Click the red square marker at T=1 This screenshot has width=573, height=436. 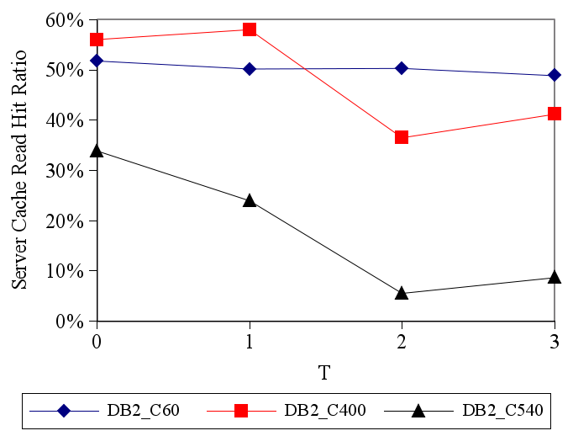pos(250,29)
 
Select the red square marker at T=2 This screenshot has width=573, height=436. pos(402,137)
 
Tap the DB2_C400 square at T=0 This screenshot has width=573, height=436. pos(97,40)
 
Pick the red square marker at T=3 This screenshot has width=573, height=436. pos(555,114)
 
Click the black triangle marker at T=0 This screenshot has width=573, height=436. pos(97,151)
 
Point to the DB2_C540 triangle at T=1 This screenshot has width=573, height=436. pos(250,200)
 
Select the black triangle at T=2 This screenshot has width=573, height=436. pos(402,292)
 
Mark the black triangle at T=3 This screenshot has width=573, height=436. pos(555,277)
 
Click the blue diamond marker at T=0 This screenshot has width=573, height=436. pos(97,61)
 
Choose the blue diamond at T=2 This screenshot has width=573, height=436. pos(402,68)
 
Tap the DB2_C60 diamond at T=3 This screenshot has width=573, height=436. pos(555,76)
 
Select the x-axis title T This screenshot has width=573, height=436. pos(324,371)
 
